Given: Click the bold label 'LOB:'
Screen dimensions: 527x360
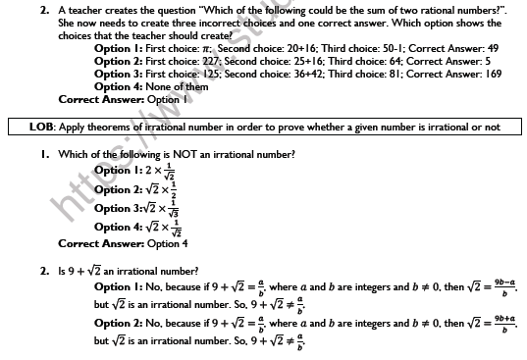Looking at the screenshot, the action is [x=44, y=128].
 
